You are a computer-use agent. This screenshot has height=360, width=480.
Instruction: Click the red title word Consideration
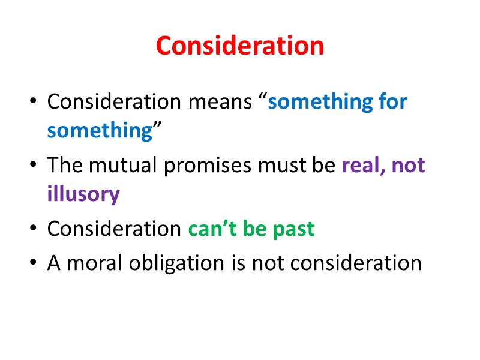click(240, 46)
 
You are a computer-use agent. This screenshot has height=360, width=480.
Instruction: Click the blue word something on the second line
click(100, 131)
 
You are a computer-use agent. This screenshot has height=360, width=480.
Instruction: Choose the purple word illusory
click(83, 194)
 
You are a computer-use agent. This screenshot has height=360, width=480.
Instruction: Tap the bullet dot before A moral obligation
click(33, 263)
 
